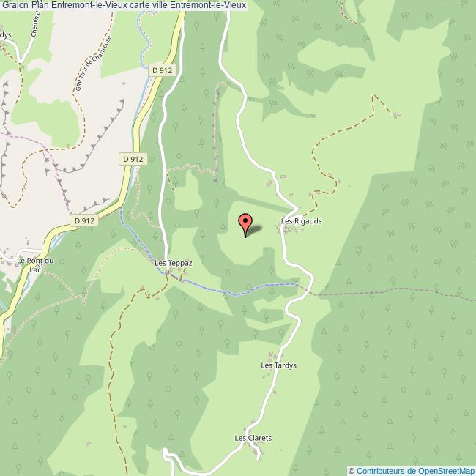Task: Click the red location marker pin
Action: tap(245, 223)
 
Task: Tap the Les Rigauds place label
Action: tap(302, 220)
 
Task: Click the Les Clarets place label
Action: tap(253, 438)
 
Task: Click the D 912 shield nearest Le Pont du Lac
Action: tap(85, 220)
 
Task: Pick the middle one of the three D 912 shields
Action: tap(133, 158)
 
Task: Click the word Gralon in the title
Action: tap(18, 6)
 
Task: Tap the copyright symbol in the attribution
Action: tap(352, 471)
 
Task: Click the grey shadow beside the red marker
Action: tap(254, 230)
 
